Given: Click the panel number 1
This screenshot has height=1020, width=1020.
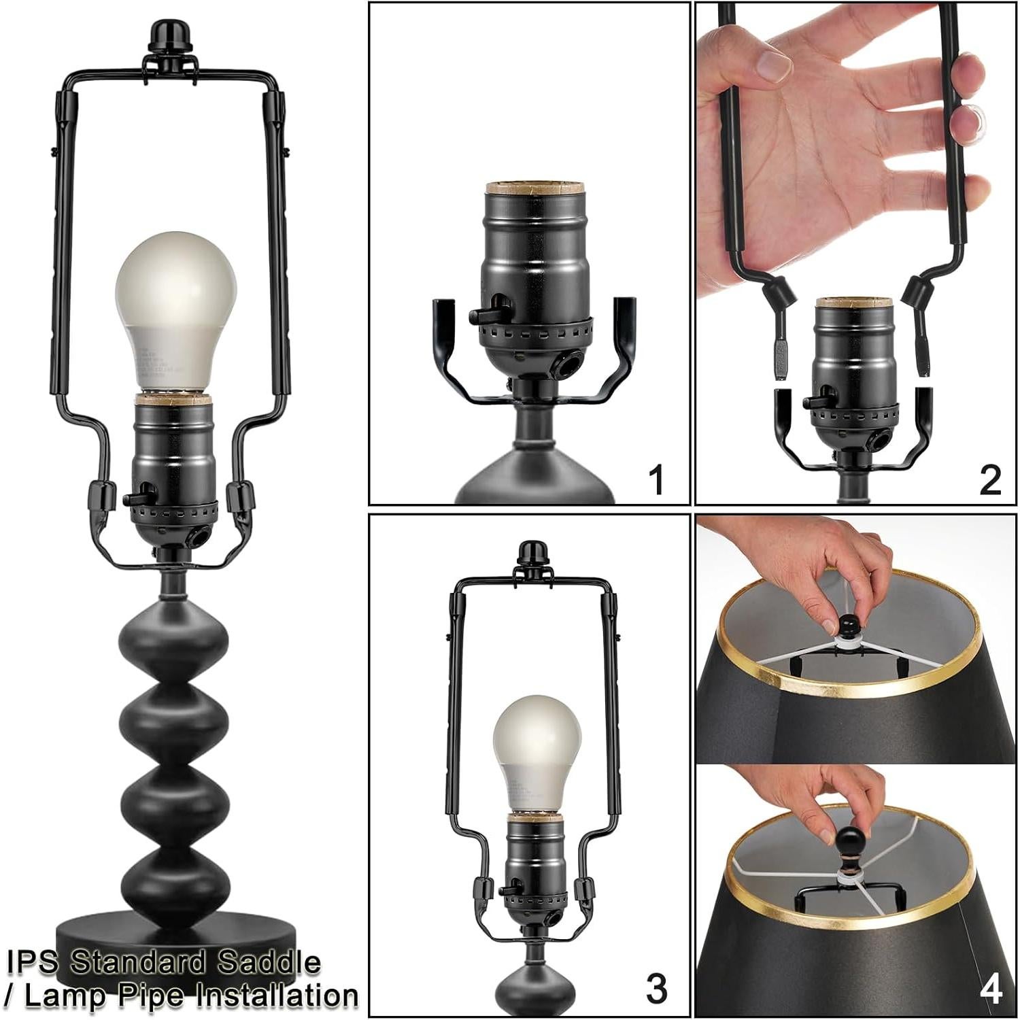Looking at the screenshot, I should (656, 480).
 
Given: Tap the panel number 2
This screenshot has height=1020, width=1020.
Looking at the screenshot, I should (990, 480).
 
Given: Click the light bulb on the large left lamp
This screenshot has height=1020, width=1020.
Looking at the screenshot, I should (175, 306).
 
